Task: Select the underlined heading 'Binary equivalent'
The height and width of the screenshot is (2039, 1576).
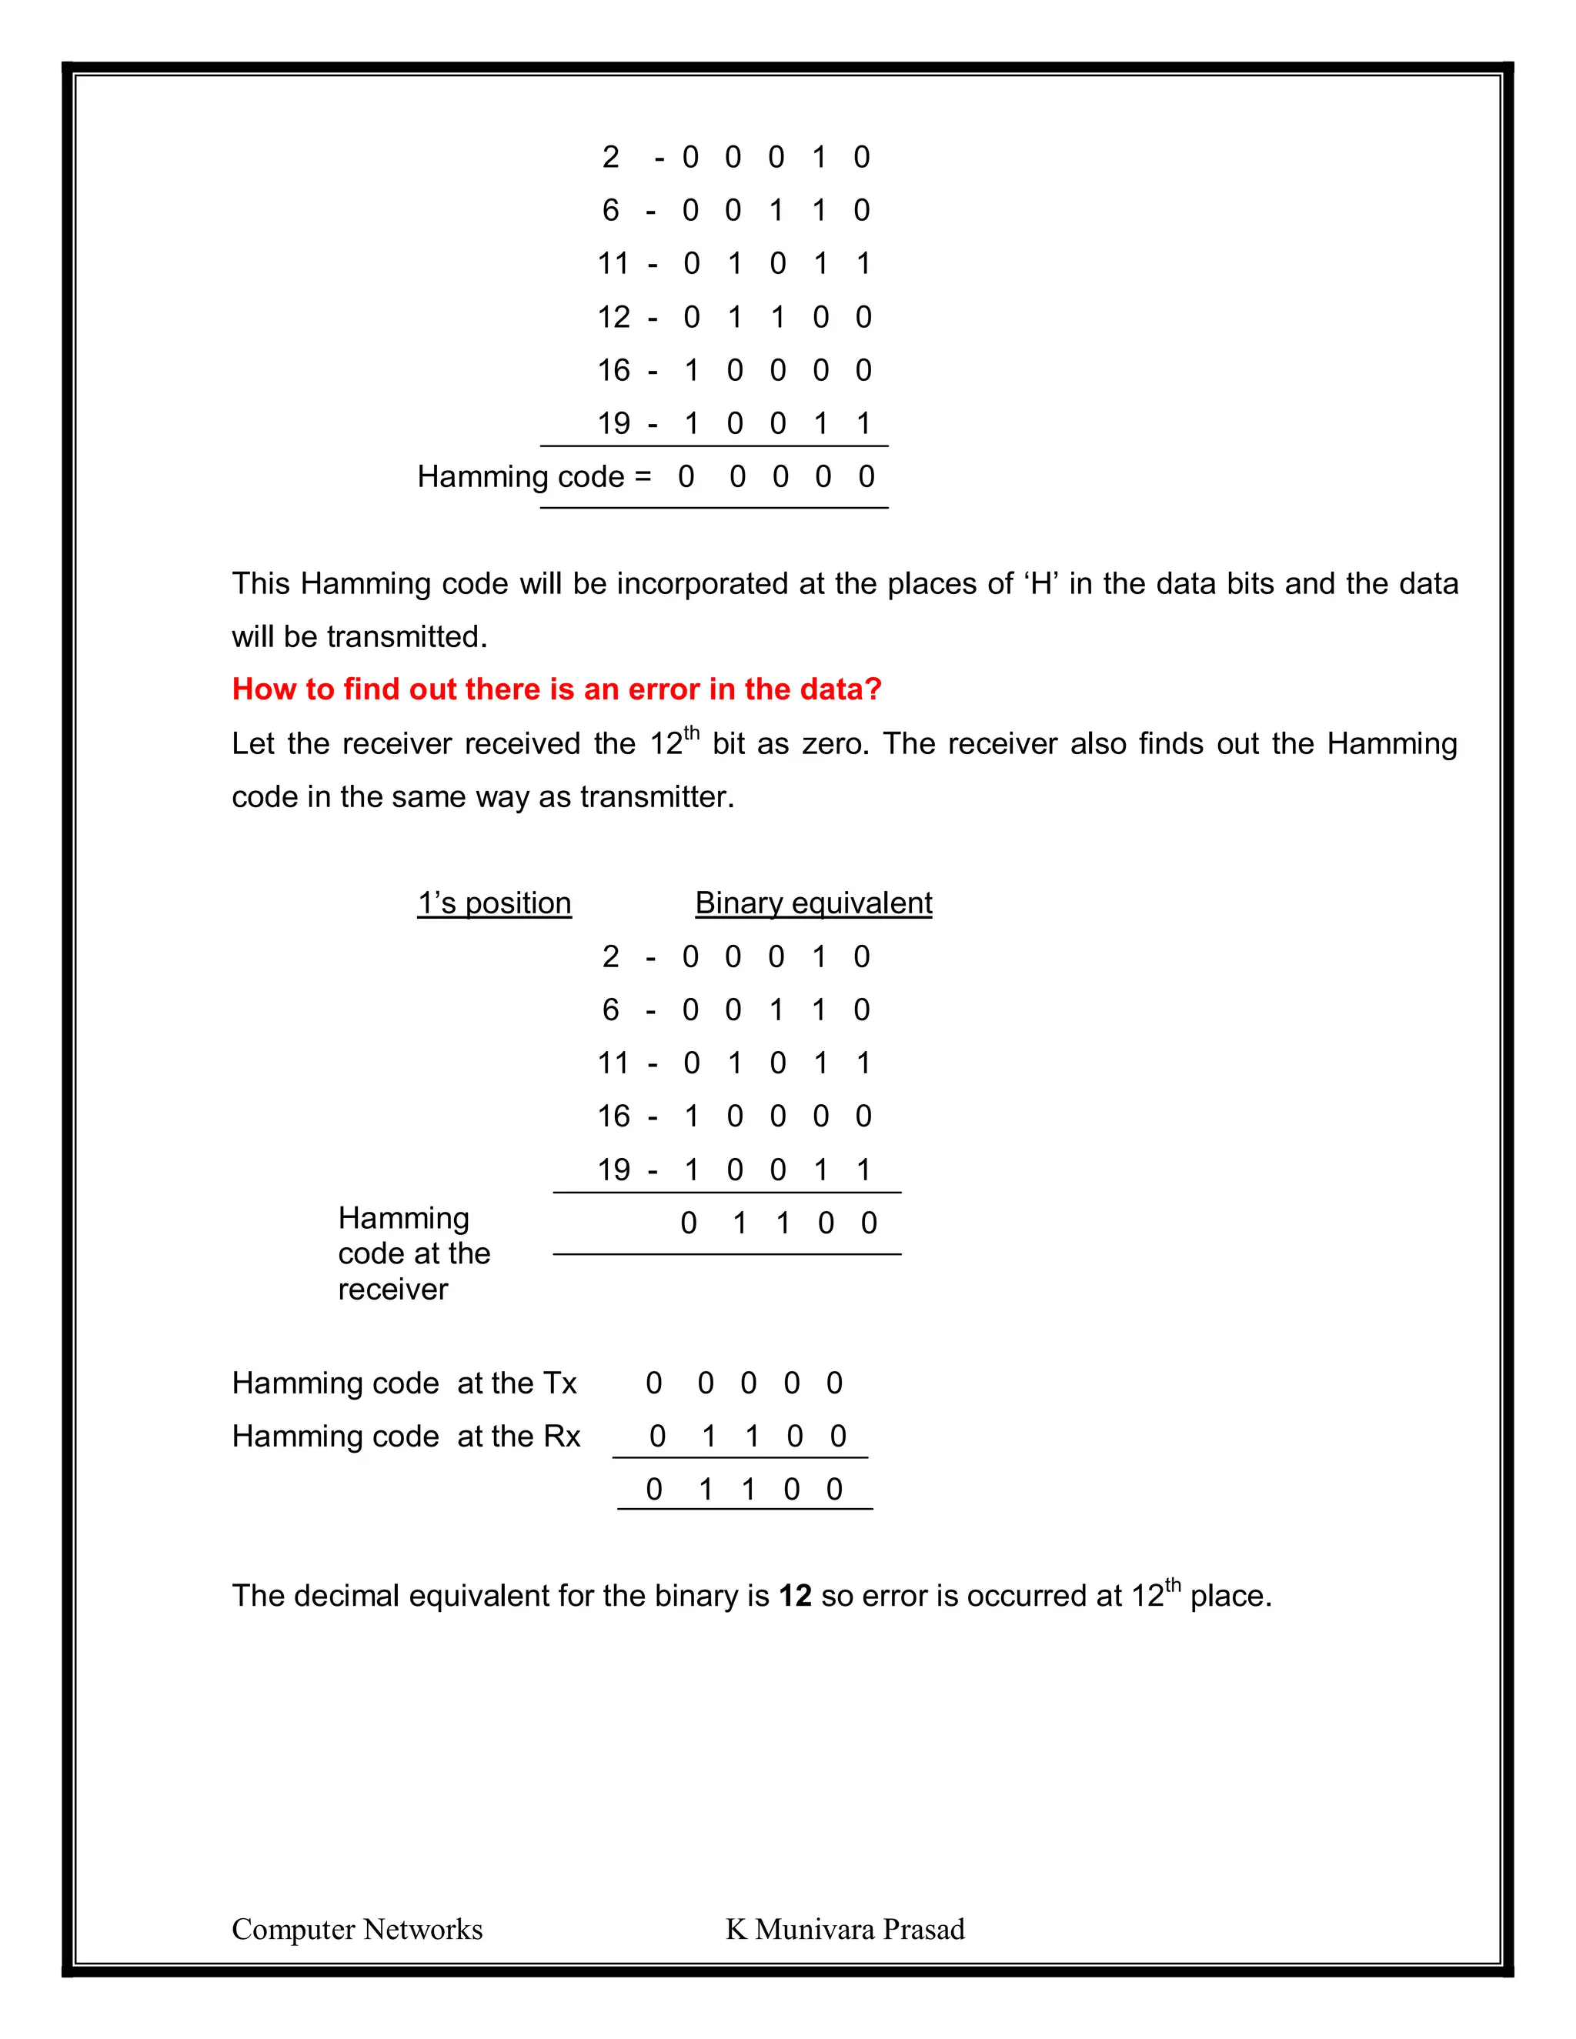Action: click(x=813, y=903)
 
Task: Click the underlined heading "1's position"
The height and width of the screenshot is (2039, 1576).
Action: click(x=494, y=903)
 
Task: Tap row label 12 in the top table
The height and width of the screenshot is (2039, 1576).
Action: click(x=613, y=318)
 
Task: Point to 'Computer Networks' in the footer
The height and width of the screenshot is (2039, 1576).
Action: click(x=356, y=1929)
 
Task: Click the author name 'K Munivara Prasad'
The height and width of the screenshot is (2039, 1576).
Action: click(x=845, y=1929)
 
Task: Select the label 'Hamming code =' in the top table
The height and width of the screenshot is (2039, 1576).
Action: click(x=533, y=477)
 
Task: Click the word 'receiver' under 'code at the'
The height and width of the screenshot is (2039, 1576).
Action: click(x=393, y=1290)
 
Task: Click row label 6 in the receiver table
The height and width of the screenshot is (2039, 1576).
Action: click(x=610, y=1010)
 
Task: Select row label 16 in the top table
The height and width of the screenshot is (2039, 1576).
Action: click(x=613, y=371)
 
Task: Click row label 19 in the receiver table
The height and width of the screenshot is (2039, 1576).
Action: click(x=613, y=1170)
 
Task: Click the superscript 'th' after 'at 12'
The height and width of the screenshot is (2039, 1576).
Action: click(x=1173, y=1584)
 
